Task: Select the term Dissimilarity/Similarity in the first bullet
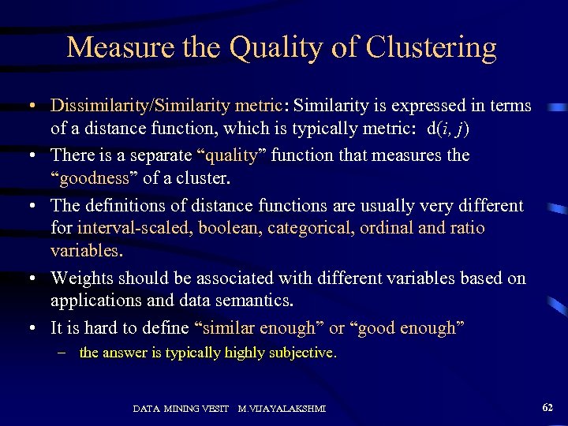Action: (139, 105)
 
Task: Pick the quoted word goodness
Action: (95, 178)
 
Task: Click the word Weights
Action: (83, 278)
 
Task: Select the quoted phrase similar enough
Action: (258, 327)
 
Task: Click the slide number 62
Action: (547, 407)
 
